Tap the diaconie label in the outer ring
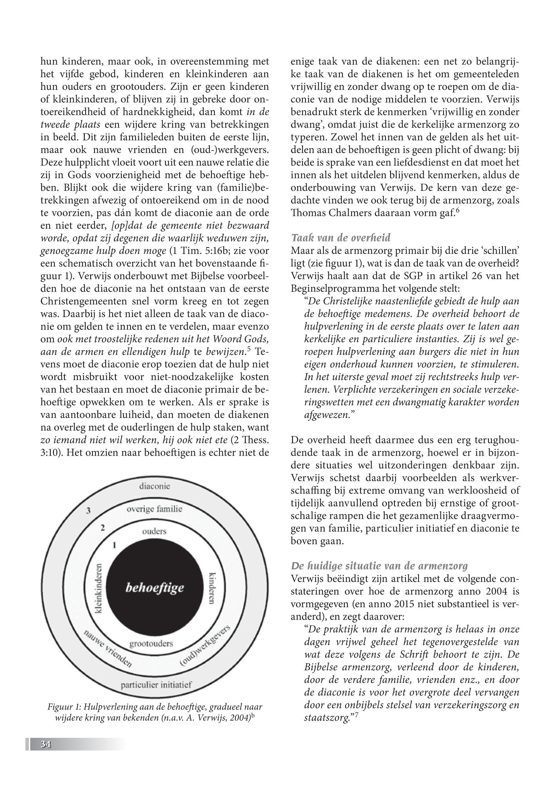point(154,486)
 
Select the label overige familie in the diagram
point(154,509)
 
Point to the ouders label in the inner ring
point(154,531)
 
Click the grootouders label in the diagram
point(151,643)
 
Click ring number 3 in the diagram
point(88,511)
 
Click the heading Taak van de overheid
point(340,238)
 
